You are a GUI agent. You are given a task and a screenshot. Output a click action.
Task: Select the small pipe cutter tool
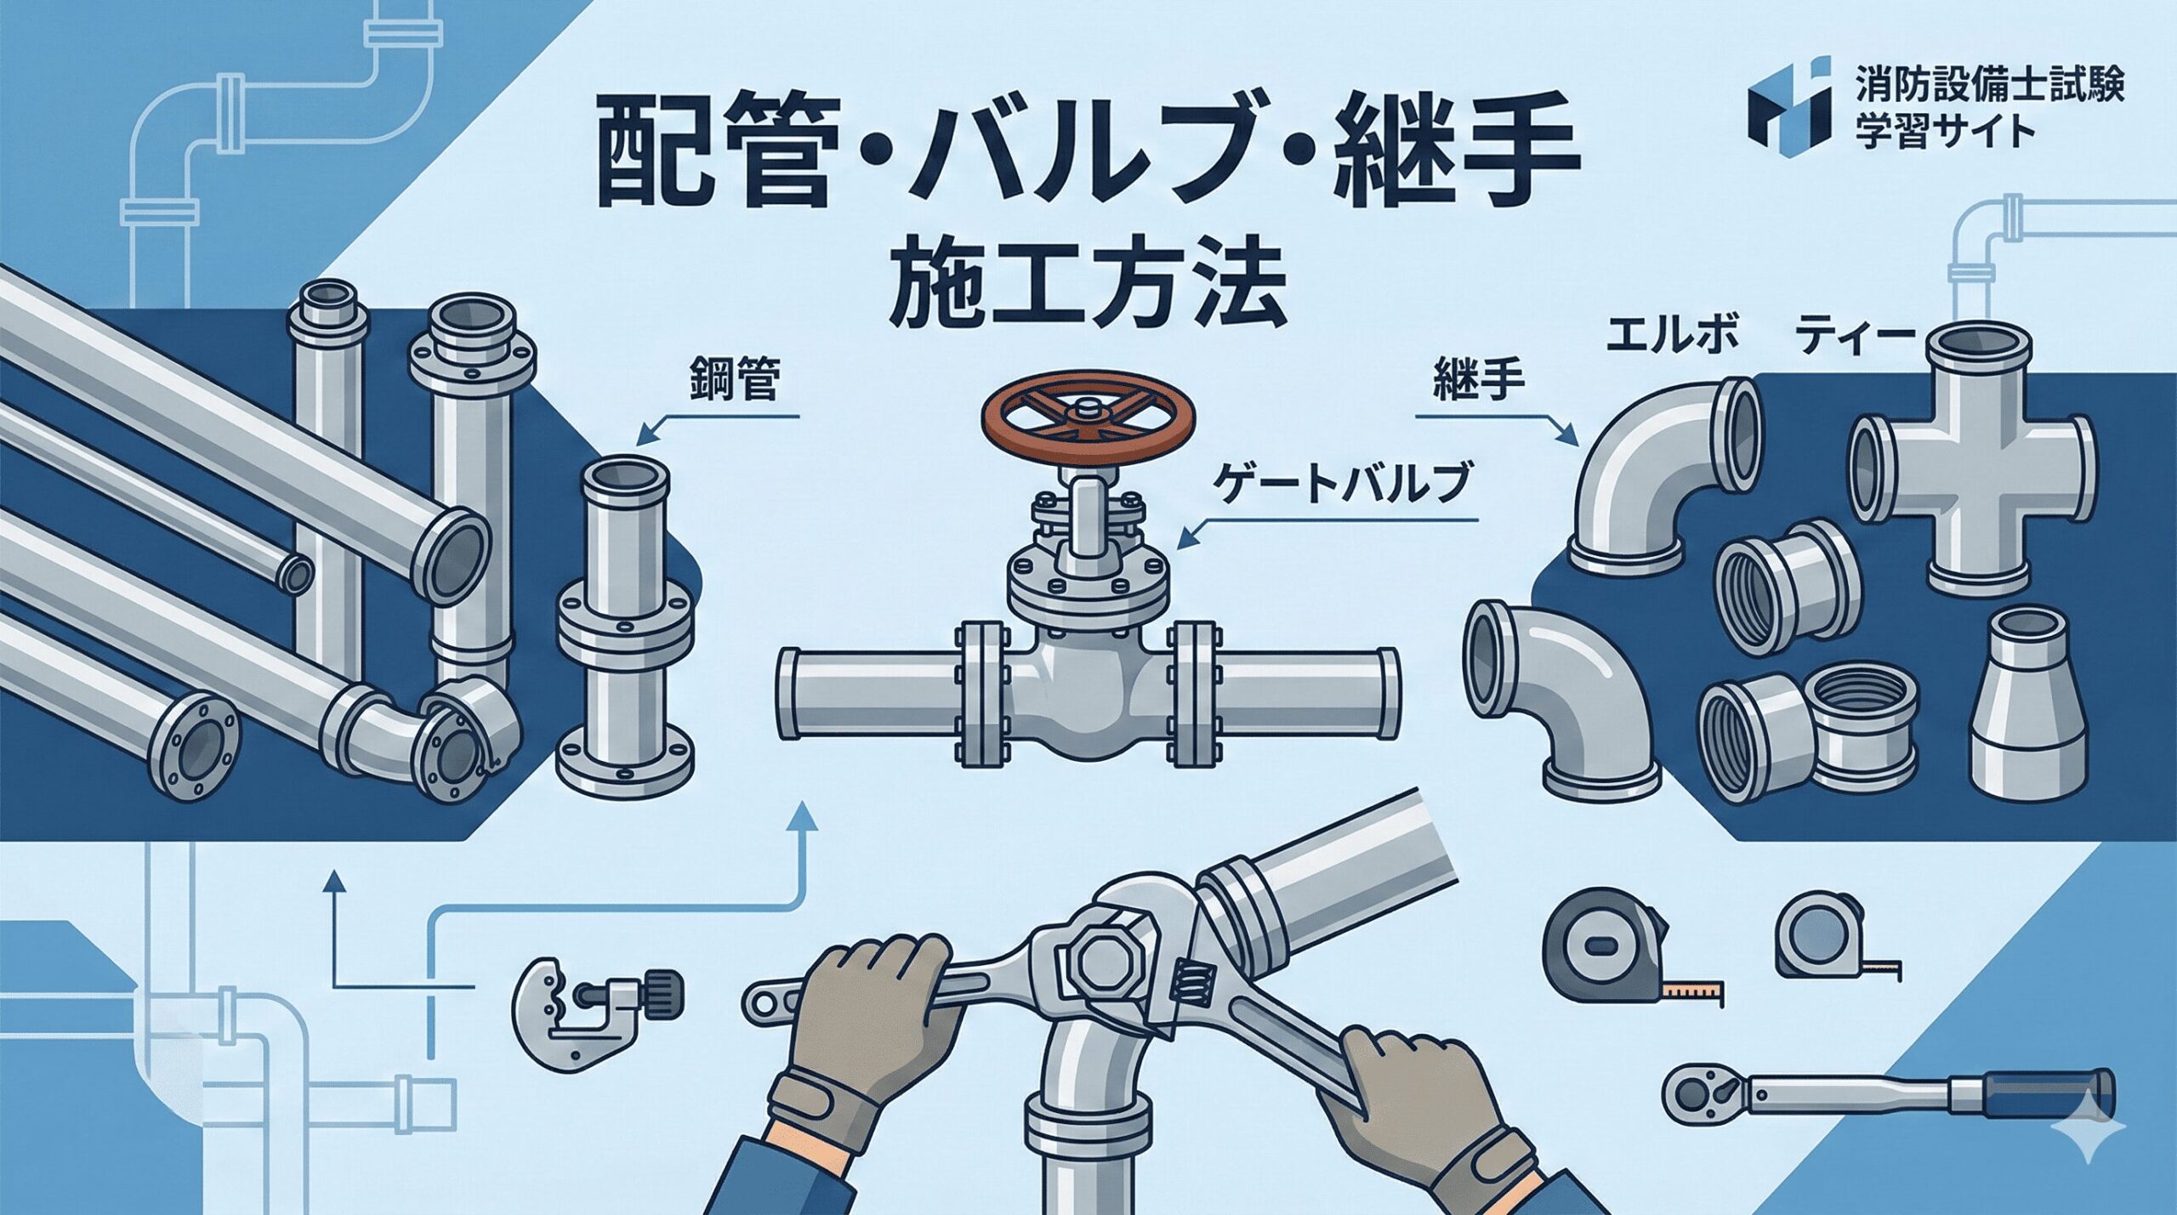598,1019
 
